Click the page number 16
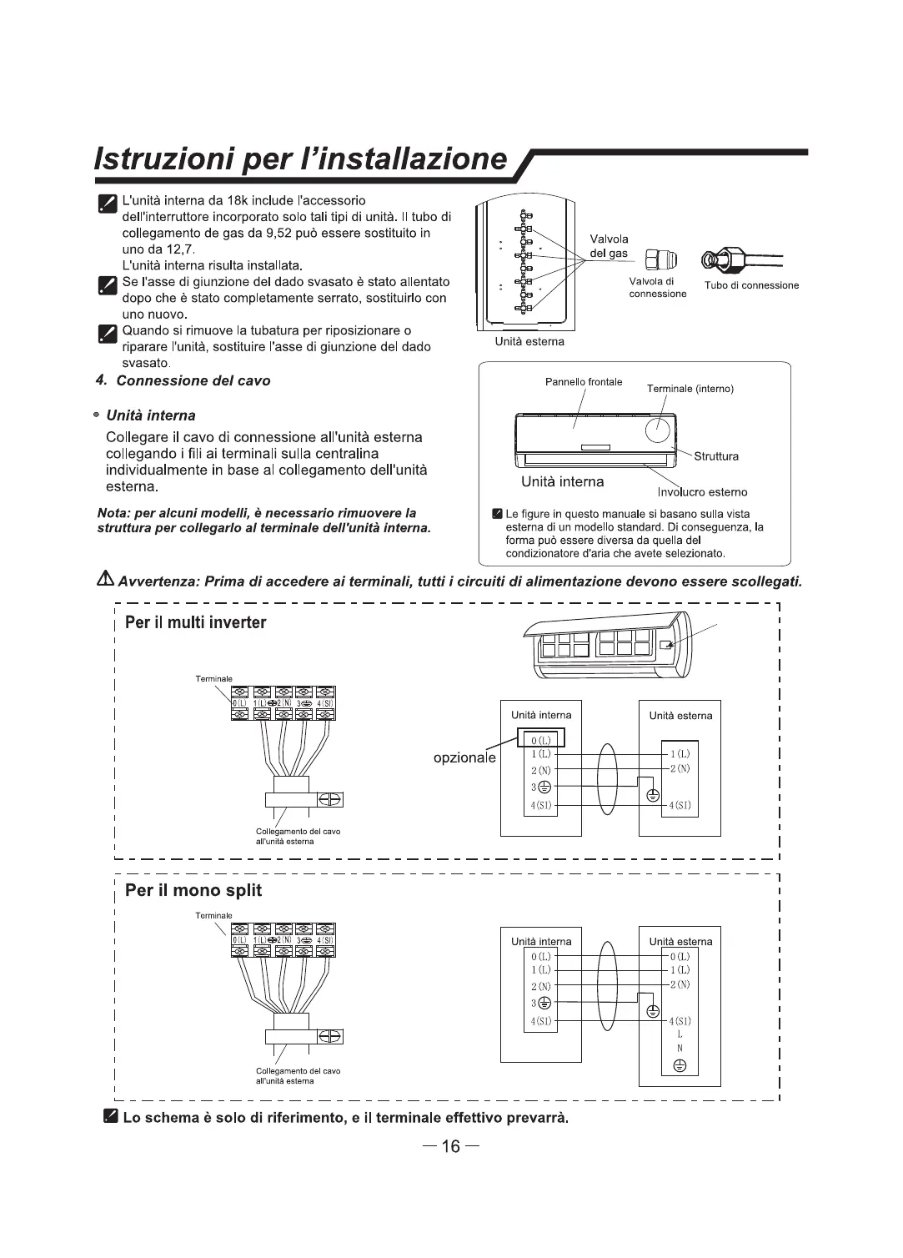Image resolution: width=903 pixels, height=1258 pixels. [x=450, y=1146]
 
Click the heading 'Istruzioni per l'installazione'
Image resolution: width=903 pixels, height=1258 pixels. [x=301, y=159]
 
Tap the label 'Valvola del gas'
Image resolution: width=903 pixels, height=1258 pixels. [x=609, y=246]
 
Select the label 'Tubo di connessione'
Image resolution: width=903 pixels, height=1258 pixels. [x=751, y=285]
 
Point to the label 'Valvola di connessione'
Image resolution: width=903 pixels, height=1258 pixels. [x=657, y=288]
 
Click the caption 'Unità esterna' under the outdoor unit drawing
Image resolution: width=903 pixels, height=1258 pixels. [x=529, y=341]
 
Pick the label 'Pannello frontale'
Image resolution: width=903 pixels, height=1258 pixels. [x=584, y=382]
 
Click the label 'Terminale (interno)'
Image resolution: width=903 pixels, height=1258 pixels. [x=690, y=389]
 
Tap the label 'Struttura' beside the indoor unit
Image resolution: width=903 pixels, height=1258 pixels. [x=716, y=456]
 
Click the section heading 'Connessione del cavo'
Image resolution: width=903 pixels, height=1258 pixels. [x=193, y=381]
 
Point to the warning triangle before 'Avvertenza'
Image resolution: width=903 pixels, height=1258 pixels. [x=106, y=580]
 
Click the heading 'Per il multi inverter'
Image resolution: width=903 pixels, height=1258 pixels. [x=195, y=623]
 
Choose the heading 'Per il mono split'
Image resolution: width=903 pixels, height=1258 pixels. [x=193, y=890]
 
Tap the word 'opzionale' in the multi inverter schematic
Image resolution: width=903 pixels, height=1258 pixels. [x=464, y=758]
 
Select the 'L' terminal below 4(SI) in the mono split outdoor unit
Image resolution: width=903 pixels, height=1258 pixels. [x=680, y=1034]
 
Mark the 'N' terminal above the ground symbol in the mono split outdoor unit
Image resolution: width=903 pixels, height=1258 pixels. [x=680, y=1049]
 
